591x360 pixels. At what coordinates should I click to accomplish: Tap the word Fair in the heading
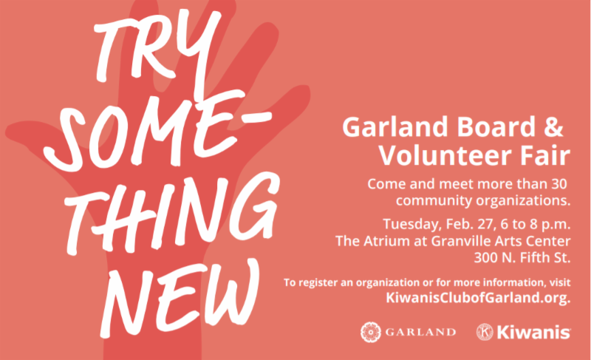pos(545,155)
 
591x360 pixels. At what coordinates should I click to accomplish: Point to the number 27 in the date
pos(485,224)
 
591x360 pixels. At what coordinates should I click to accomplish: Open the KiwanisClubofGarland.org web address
pos(478,298)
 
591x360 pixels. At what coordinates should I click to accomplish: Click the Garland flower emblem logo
pos(371,332)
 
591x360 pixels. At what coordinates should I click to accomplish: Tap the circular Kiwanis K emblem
pos(485,332)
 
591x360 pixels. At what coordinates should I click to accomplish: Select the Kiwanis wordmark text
pos(533,333)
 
